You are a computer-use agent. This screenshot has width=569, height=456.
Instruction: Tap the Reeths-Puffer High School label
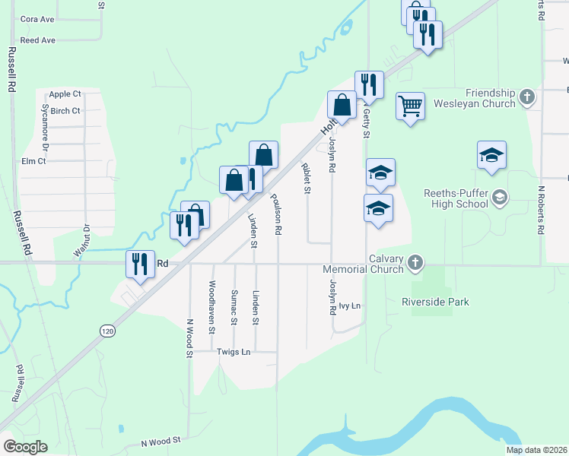456,198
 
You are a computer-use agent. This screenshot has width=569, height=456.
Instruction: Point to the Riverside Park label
435,302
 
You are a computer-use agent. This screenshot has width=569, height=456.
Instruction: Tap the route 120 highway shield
108,331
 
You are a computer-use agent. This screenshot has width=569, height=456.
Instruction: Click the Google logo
25,446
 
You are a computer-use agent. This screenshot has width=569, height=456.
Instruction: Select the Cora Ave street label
37,19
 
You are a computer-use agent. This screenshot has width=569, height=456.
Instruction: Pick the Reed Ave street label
37,40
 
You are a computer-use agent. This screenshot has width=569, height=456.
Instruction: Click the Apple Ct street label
65,94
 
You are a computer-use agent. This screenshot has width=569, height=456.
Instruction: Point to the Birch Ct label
65,111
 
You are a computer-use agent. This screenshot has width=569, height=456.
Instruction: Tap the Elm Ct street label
33,161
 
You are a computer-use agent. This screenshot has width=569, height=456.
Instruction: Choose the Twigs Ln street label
234,352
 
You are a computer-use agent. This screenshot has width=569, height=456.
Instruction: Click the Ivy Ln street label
349,306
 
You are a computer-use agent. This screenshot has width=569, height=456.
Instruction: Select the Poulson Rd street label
278,214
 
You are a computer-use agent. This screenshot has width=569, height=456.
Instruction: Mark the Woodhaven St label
212,302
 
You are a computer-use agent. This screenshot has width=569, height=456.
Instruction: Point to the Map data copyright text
536,450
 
